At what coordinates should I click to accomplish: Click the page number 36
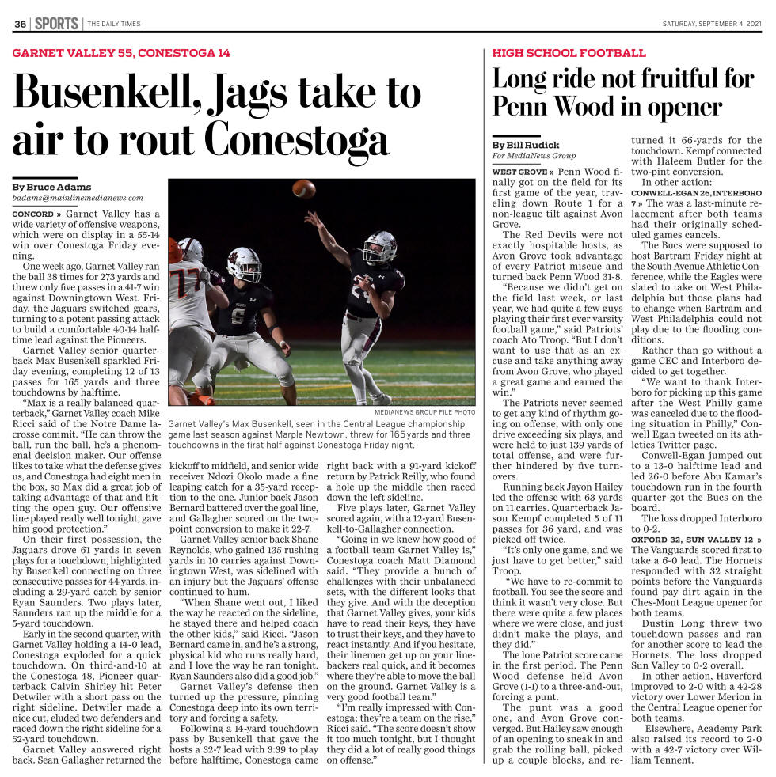click(x=20, y=24)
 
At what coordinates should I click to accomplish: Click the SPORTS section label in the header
click(x=56, y=24)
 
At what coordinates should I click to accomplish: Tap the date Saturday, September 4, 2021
click(x=711, y=24)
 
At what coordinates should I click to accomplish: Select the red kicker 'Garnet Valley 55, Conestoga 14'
click(x=121, y=54)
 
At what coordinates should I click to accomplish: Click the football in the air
click(x=302, y=188)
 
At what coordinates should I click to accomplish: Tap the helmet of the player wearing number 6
click(x=244, y=263)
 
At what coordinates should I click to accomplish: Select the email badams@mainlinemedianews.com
click(x=78, y=198)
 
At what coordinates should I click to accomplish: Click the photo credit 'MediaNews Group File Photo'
click(x=425, y=412)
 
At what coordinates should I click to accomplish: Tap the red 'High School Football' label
click(x=569, y=54)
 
